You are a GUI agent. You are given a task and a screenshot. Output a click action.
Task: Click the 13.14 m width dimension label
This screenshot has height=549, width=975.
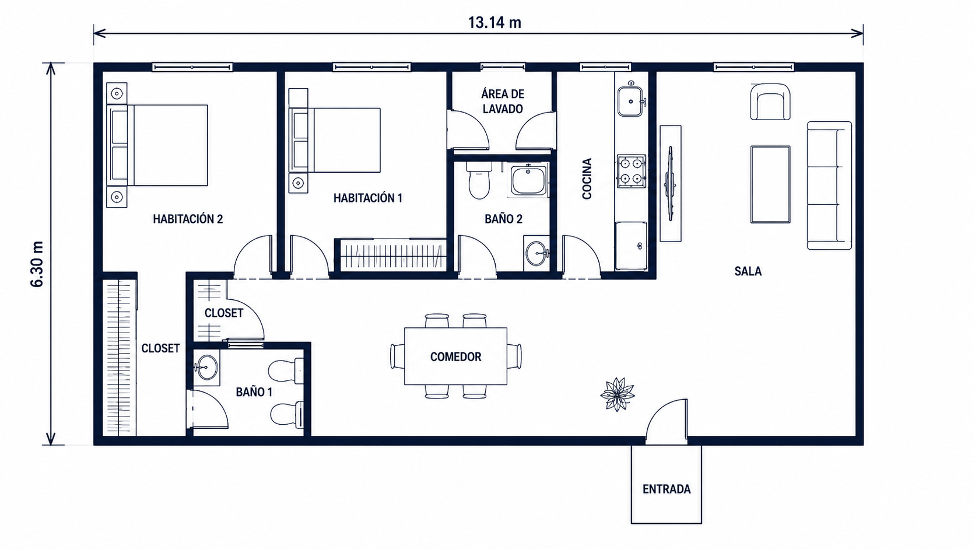pyautogui.click(x=494, y=23)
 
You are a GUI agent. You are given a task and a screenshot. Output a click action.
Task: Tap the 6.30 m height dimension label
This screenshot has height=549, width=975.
pyautogui.click(x=37, y=264)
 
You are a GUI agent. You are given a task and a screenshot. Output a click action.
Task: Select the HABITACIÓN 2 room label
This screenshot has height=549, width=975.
pyautogui.click(x=188, y=219)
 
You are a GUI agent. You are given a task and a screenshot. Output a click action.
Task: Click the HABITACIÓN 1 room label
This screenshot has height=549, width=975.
pyautogui.click(x=368, y=198)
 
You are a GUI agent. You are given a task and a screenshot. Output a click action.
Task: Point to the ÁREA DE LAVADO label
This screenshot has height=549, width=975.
pyautogui.click(x=503, y=101)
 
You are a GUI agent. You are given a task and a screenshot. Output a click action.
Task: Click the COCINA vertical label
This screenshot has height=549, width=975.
pyautogui.click(x=587, y=179)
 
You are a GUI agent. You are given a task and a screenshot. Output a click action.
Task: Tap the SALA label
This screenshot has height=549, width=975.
pyautogui.click(x=748, y=271)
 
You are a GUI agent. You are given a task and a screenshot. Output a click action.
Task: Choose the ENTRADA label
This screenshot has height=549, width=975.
pyautogui.click(x=667, y=489)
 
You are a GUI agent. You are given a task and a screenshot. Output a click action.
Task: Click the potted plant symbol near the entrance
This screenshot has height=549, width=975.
pyautogui.click(x=617, y=394)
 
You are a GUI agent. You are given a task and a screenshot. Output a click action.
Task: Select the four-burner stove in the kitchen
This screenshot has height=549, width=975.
pyautogui.click(x=631, y=171)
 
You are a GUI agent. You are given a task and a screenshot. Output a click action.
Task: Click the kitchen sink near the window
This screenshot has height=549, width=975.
pyautogui.click(x=631, y=100)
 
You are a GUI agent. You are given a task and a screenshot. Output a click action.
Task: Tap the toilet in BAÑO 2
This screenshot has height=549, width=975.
pyautogui.click(x=479, y=180)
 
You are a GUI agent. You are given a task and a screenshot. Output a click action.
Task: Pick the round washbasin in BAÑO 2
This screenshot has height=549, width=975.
pyautogui.click(x=537, y=253)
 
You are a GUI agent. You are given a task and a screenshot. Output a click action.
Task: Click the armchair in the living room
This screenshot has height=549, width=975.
pyautogui.click(x=770, y=102)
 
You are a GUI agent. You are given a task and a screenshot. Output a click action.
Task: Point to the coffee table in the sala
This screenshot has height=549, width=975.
pyautogui.click(x=770, y=184)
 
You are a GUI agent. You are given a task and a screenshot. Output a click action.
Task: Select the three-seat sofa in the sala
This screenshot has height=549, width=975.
pyautogui.click(x=829, y=186)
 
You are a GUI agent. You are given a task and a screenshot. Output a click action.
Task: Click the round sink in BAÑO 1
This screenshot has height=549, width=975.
pyautogui.click(x=206, y=368)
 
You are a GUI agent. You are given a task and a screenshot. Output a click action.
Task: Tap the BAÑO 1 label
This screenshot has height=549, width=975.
pyautogui.click(x=254, y=392)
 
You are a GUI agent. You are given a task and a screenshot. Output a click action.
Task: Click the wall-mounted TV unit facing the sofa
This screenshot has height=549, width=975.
pyautogui.click(x=671, y=183)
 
